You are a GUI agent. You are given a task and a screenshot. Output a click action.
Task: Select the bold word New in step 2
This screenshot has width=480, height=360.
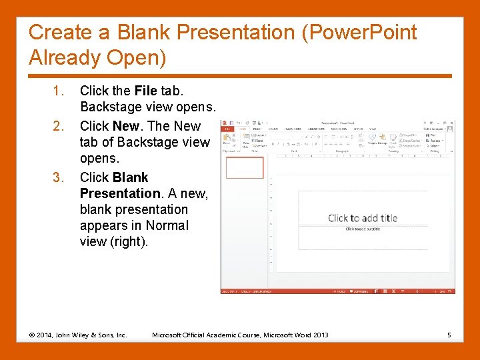126,126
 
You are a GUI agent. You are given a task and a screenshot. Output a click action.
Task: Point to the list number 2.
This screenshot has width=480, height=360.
57,126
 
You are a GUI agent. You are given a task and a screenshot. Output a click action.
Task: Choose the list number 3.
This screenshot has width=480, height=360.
57,177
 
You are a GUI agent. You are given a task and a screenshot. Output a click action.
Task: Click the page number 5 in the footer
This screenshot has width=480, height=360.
449,335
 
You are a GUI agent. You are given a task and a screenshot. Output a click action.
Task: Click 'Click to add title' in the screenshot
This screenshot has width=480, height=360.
362,218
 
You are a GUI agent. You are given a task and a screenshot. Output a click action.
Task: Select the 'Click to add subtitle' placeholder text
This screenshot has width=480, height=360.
362,229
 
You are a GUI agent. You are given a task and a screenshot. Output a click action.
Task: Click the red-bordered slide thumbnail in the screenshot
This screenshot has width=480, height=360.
245,167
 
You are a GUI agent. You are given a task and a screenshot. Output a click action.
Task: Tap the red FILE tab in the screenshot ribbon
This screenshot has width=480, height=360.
227,129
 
